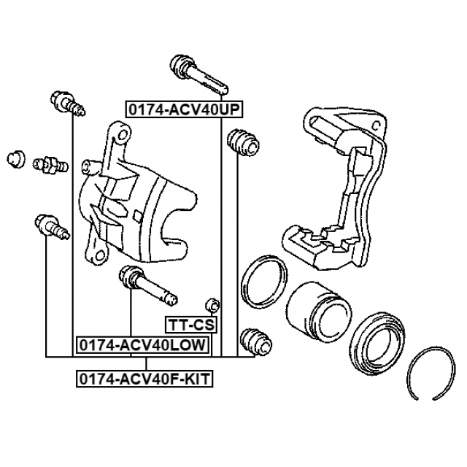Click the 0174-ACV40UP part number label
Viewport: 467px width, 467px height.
[x=185, y=109]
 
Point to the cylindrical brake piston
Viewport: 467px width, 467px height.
[x=314, y=310]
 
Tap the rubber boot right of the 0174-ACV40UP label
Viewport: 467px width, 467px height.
[x=242, y=142]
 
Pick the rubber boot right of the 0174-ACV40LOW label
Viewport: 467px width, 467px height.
[x=255, y=340]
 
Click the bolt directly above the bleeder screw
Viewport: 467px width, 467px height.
[x=67, y=103]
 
